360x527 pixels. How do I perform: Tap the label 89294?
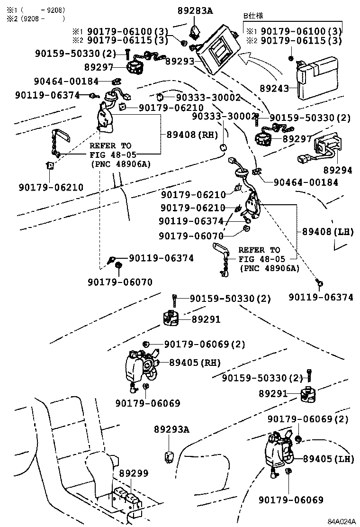[338, 170]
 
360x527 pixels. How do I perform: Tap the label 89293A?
[171, 429]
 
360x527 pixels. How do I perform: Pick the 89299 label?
[134, 473]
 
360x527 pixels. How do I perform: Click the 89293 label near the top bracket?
[180, 61]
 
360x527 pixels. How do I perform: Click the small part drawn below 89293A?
[169, 457]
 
